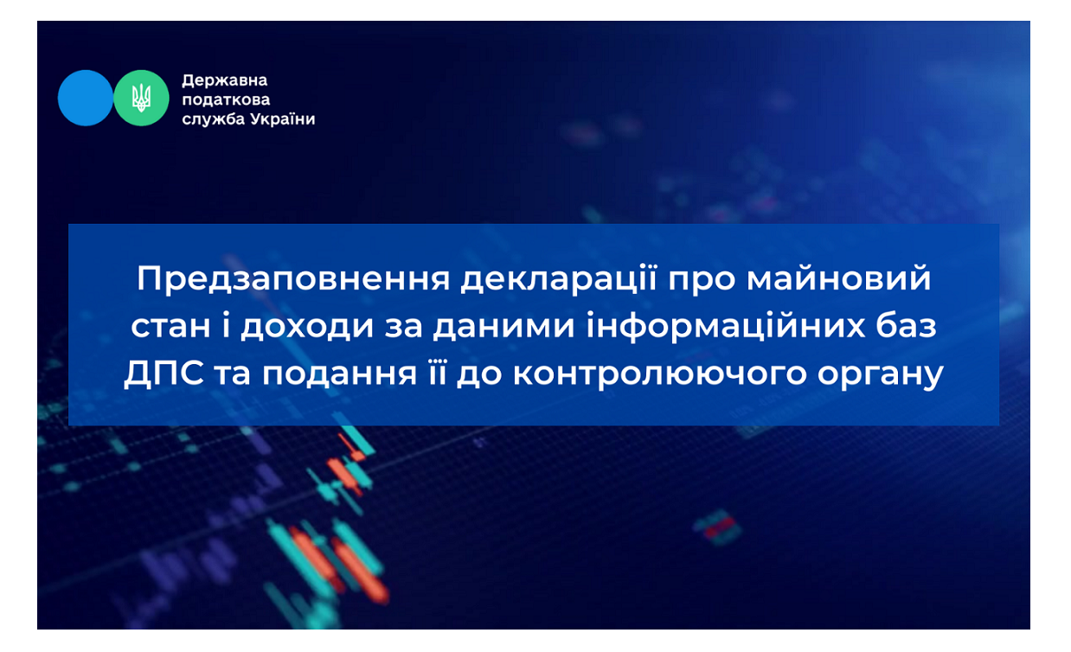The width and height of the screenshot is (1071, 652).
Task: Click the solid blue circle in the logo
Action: [x=86, y=98]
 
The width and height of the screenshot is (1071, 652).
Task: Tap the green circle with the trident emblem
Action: [x=141, y=98]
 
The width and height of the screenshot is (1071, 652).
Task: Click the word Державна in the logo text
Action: [x=224, y=80]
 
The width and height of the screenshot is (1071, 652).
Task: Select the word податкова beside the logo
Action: [x=226, y=100]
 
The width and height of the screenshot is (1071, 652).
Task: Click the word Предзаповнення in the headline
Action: [x=293, y=279]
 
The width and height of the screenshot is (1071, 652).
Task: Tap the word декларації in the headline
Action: [x=559, y=278]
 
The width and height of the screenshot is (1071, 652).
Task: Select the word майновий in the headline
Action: [x=838, y=278]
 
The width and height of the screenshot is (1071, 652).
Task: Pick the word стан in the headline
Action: [x=170, y=327]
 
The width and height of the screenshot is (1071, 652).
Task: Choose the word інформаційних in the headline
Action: [x=726, y=327]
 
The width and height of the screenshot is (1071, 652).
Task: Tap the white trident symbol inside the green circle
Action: [x=141, y=98]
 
